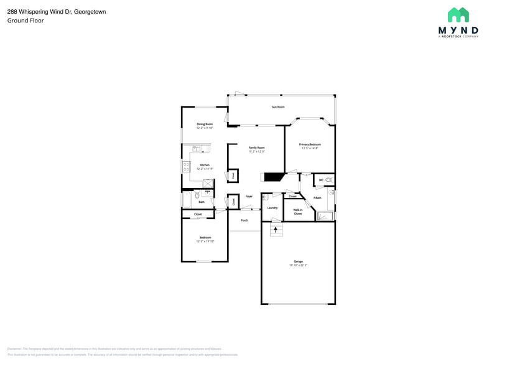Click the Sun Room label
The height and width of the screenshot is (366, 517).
tap(277, 107)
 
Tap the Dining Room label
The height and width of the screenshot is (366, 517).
tap(205, 124)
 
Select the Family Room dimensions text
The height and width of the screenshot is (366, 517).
tap(257, 151)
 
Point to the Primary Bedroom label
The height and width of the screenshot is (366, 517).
tap(310, 144)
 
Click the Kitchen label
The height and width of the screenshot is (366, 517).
tap(205, 165)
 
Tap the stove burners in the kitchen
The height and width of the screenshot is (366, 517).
tap(186, 166)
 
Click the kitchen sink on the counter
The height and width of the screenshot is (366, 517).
tap(197, 149)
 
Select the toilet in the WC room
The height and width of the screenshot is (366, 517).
tap(330, 181)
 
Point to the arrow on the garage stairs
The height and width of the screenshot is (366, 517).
tap(276, 230)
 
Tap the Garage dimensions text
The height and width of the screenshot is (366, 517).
tap(299, 265)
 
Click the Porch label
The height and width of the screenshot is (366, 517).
tap(245, 220)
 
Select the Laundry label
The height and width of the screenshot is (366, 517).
tap(272, 208)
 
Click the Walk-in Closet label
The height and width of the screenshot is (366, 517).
tap(298, 212)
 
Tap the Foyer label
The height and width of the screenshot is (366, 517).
tap(249, 196)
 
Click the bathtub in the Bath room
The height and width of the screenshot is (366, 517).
tap(187, 200)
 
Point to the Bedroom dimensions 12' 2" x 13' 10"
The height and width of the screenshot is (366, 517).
tap(205, 240)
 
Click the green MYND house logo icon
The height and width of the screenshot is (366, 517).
tap(459, 15)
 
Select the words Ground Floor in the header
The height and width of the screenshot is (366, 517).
tap(21, 21)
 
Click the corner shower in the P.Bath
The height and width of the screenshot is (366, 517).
tap(325, 215)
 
